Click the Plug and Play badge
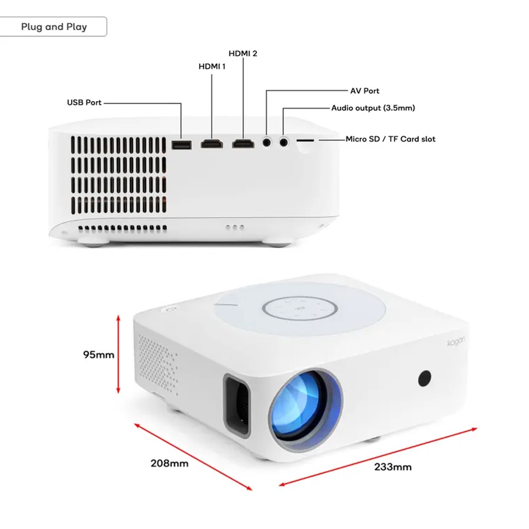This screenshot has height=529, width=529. (54, 27)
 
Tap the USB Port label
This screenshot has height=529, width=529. (84, 103)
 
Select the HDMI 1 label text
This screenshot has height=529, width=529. (212, 66)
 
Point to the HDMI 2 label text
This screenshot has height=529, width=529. (243, 53)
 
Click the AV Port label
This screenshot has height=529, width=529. (365, 91)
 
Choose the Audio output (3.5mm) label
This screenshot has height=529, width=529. (373, 108)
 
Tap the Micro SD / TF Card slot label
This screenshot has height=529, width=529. (391, 139)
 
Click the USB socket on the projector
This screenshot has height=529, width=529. (181, 145)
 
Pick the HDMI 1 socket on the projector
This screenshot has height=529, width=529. (212, 144)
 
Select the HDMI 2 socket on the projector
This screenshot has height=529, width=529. (243, 144)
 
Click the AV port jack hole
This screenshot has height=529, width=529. (267, 141)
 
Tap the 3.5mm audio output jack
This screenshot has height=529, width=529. (284, 141)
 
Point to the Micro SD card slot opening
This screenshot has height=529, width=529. (306, 139)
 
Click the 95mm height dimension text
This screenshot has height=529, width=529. (99, 355)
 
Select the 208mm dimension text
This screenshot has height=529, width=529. (169, 463)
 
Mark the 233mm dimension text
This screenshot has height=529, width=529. (393, 467)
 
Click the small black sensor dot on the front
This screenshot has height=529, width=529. (425, 378)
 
